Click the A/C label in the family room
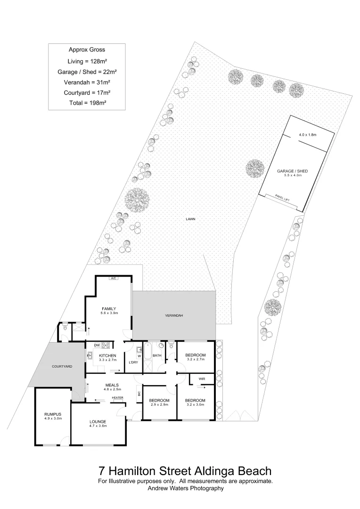click(x=113, y=279)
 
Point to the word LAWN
click(x=190, y=219)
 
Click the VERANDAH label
click(x=173, y=315)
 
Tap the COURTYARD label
click(x=62, y=366)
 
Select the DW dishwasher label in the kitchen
click(x=97, y=345)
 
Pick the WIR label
click(x=202, y=378)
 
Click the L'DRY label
click(x=133, y=362)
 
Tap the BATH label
click(x=157, y=356)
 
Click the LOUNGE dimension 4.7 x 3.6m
click(x=98, y=426)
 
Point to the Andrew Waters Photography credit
click(x=185, y=489)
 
